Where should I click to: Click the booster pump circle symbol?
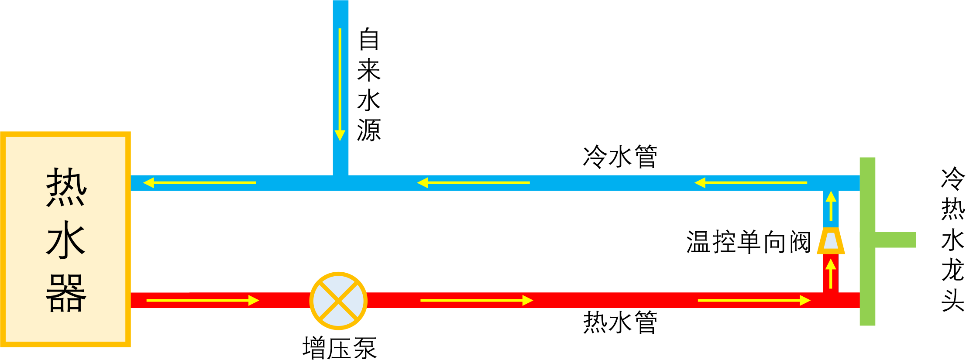point(338,301)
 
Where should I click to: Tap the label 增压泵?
point(339,348)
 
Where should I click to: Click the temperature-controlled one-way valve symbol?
point(831,241)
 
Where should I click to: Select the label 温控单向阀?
point(749,242)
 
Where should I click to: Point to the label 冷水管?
point(620,157)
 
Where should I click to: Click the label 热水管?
point(620,322)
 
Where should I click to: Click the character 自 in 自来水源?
point(369,39)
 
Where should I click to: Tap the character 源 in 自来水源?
point(369,130)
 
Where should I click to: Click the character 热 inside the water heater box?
point(66,187)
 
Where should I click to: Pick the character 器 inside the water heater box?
point(66,293)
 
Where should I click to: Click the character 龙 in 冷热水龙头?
point(952,270)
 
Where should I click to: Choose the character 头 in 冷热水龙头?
point(952,300)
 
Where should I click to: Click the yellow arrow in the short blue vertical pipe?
point(831,206)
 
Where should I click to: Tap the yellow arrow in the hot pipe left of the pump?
point(203,300)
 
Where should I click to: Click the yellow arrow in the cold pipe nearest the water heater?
point(199,183)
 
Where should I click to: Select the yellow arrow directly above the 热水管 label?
point(477,300)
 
